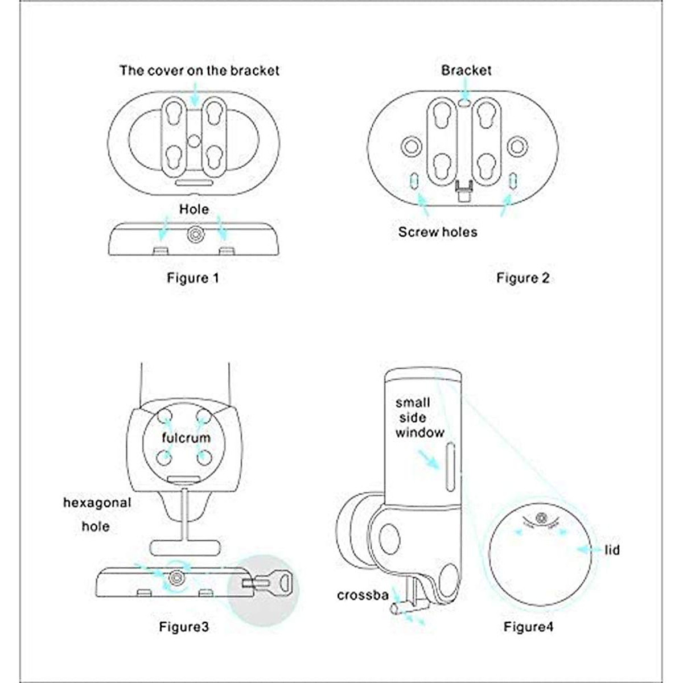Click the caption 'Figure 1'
coord(193,278)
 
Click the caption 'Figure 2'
coord(523,278)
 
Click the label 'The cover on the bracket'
coord(199,71)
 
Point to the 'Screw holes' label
coord(438,232)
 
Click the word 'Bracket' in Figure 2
coord(466,70)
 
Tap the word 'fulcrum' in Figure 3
coord(186,437)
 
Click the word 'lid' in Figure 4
coord(612,550)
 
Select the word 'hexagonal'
coord(97,503)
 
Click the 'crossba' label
coord(363,595)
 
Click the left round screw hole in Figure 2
coord(411,146)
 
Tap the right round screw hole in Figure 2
coord(517,146)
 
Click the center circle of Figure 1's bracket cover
coord(193,141)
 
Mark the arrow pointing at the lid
coord(589,550)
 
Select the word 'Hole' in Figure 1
coord(194,209)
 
